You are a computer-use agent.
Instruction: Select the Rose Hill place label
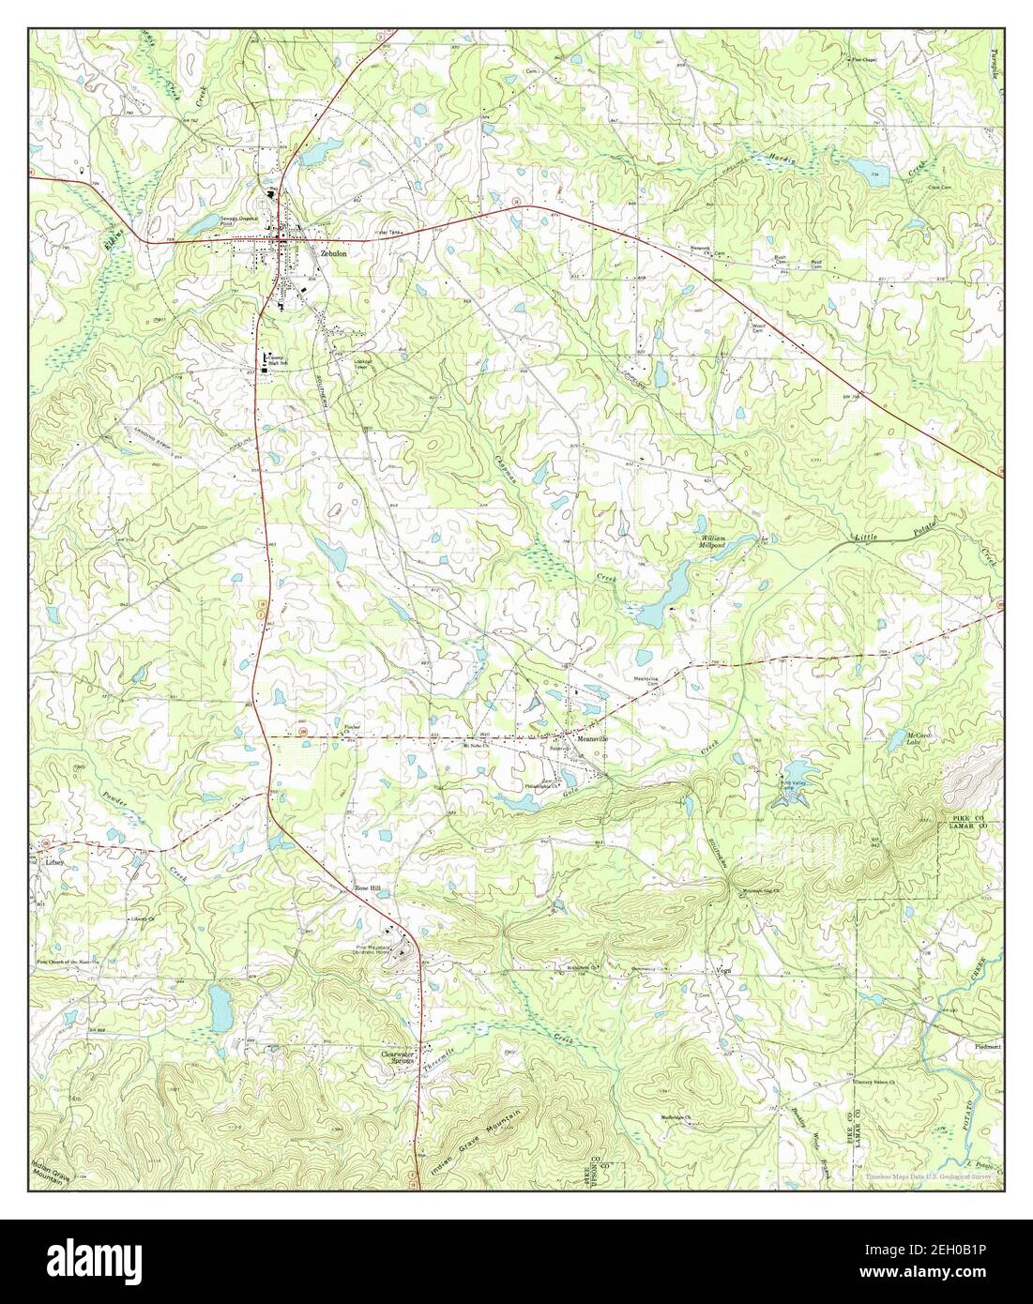click(x=369, y=887)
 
